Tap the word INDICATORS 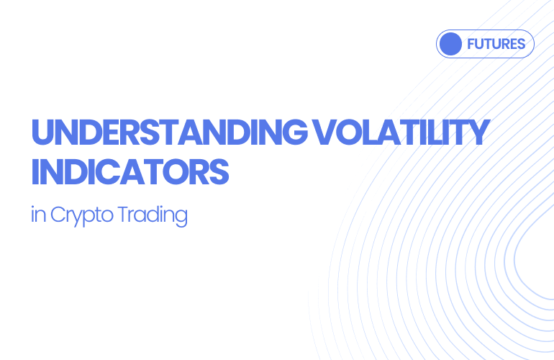pos(130,173)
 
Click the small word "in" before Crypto pos(37,215)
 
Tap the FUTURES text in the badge pos(496,44)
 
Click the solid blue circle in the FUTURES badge pos(450,44)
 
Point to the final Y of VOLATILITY pos(478,134)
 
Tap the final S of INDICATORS pos(219,173)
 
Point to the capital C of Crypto pos(58,215)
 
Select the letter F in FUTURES pos(471,44)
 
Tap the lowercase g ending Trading pos(180,217)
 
